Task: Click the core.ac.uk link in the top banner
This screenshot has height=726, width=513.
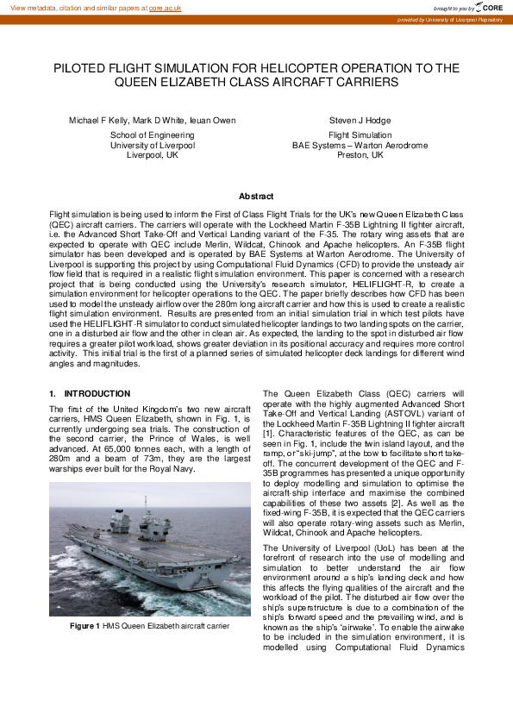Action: [x=166, y=7]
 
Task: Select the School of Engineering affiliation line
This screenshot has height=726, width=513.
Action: [x=152, y=135]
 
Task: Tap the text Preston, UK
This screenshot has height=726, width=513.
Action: [x=360, y=155]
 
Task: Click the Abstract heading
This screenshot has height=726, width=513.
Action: [x=256, y=197]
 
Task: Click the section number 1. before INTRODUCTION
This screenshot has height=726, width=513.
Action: [x=53, y=393]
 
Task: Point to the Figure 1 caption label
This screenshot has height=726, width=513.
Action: [x=86, y=626]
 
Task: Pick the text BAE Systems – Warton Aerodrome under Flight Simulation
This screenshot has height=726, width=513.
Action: [x=360, y=146]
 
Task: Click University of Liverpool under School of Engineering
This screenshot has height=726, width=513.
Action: [x=152, y=146]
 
